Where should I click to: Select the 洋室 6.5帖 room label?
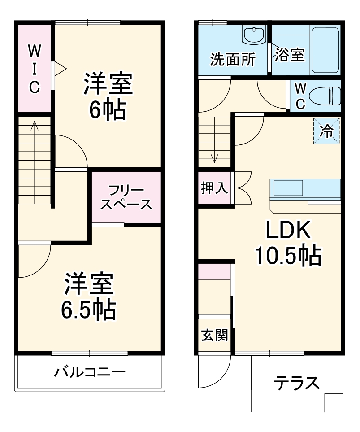coord(89,296)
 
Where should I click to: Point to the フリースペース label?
coord(126,197)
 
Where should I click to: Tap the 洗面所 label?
coord(233,59)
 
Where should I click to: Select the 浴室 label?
coord(289,55)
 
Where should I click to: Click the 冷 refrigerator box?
coord(326,131)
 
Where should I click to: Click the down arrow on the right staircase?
coord(215,157)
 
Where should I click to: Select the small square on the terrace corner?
coord(333,402)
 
